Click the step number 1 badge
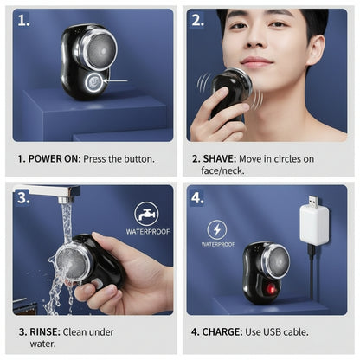[22, 19]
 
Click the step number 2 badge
[198, 19]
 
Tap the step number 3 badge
[22, 196]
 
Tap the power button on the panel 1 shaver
[93, 81]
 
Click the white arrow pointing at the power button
[115, 81]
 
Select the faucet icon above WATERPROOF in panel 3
[146, 214]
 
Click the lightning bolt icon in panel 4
[217, 230]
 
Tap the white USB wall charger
[314, 223]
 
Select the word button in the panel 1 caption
[136, 158]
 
